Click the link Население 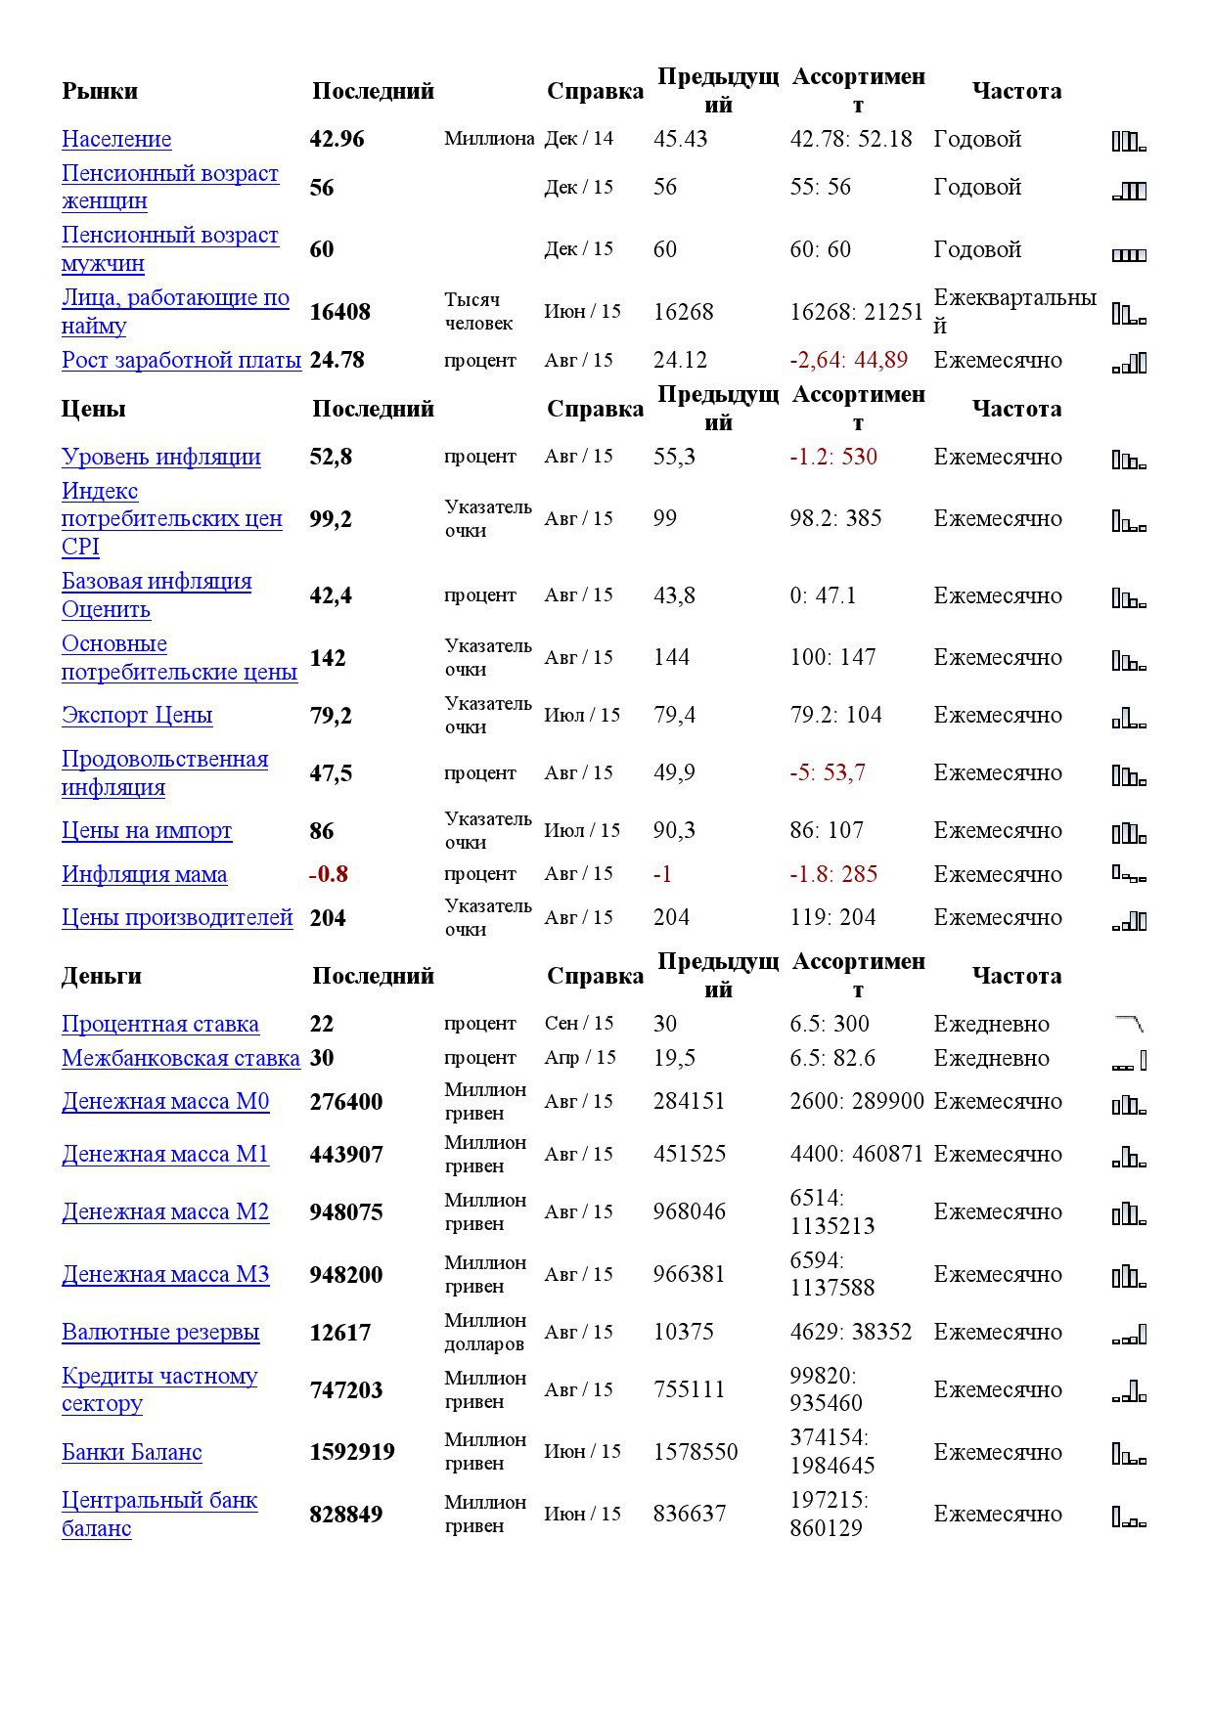[116, 139]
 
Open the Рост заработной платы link [181, 360]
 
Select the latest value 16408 [339, 312]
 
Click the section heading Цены [93, 409]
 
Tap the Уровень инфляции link [160, 457]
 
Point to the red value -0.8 [329, 874]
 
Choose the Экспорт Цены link [137, 715]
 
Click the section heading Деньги [102, 976]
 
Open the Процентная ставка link [159, 1024]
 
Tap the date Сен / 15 [579, 1024]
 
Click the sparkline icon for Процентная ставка [1129, 1024]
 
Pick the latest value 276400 [345, 1102]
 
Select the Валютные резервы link [160, 1332]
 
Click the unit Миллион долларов [484, 1332]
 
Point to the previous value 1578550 [696, 1452]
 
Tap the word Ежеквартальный [1014, 311]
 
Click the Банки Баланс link [132, 1452]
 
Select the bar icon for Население [1129, 141]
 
